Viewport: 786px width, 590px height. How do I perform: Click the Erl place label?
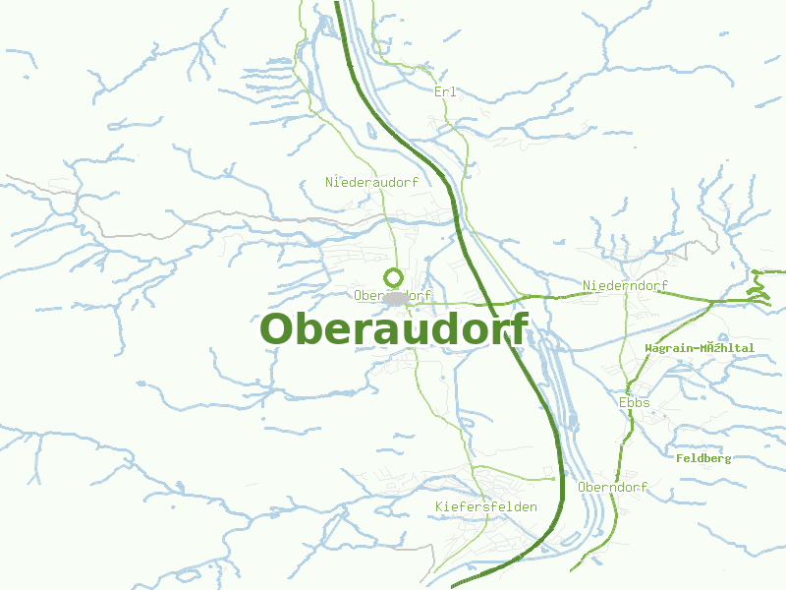[x=445, y=91]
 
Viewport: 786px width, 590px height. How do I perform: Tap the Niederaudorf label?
[x=372, y=182]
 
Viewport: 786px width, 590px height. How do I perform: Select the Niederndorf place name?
[x=625, y=286]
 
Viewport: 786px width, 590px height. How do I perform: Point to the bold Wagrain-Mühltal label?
[x=700, y=348]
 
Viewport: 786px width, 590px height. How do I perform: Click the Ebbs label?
[x=635, y=402]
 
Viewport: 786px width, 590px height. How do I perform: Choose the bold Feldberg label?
[x=703, y=458]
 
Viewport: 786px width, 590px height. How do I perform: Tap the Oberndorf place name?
[x=613, y=488]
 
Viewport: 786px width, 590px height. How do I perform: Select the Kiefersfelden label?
[x=485, y=506]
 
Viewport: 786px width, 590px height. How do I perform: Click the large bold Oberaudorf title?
[x=393, y=329]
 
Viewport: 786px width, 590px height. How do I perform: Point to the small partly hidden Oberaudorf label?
[x=393, y=295]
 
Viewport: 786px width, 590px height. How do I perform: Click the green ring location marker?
[x=393, y=277]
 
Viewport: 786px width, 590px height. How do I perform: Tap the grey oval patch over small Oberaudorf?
[x=396, y=297]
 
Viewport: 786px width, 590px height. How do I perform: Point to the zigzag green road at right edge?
[x=758, y=287]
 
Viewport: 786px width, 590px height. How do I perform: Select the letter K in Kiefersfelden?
[x=438, y=506]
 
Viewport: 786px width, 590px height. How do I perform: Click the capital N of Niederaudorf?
[x=329, y=182]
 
